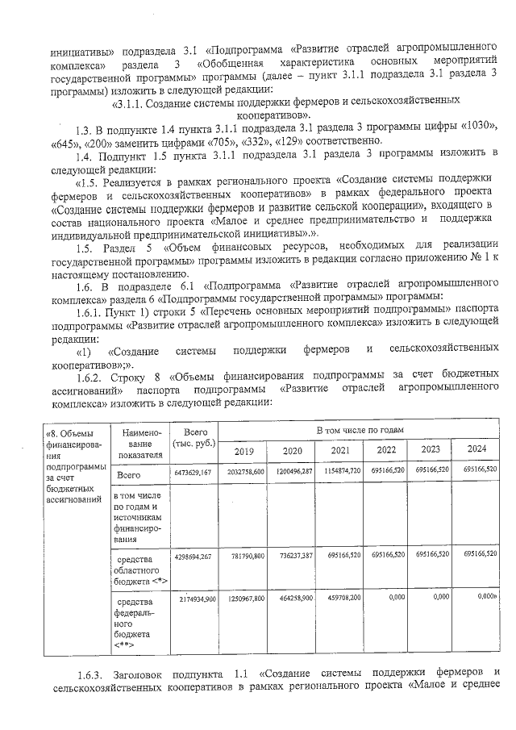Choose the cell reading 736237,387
[x=290, y=556]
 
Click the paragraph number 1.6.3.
[x=93, y=674]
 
